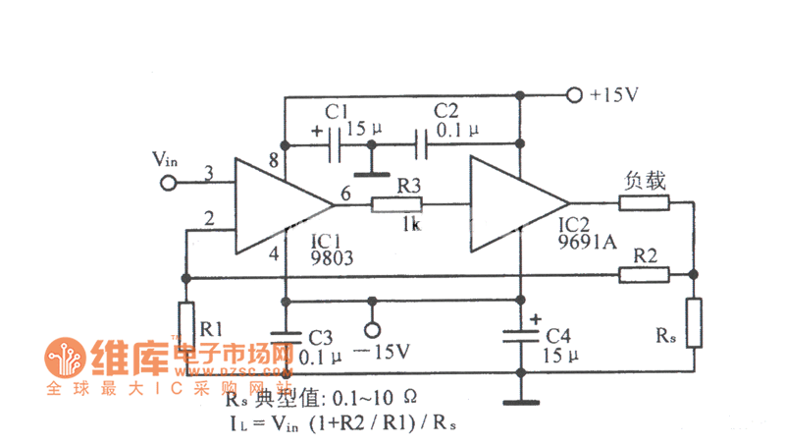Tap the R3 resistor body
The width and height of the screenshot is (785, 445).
(x=396, y=204)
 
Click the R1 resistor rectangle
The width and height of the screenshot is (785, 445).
(x=187, y=323)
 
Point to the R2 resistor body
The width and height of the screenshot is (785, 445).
(x=644, y=274)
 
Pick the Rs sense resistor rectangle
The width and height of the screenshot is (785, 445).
(x=694, y=323)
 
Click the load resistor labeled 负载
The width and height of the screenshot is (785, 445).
(x=644, y=204)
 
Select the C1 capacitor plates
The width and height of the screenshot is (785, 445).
(x=336, y=148)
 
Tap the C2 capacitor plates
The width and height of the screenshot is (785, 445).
(x=421, y=148)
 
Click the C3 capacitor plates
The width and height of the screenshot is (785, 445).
(x=285, y=336)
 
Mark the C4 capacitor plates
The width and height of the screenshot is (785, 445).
(x=520, y=336)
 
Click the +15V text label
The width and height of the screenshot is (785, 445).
(x=615, y=96)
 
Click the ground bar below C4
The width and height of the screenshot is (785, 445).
(x=520, y=401)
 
